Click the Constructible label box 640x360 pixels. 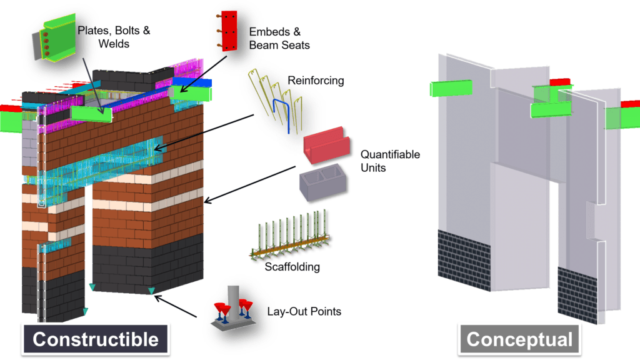pyautogui.click(x=95, y=339)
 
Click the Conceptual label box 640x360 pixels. pyautogui.click(x=519, y=339)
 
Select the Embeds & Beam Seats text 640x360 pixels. pyautogui.click(x=279, y=37)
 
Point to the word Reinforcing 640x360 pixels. pyautogui.click(x=316, y=81)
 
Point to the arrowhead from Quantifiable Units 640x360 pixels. pyautogui.click(x=207, y=201)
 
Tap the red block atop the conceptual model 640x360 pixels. pyautogui.click(x=560, y=82)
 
